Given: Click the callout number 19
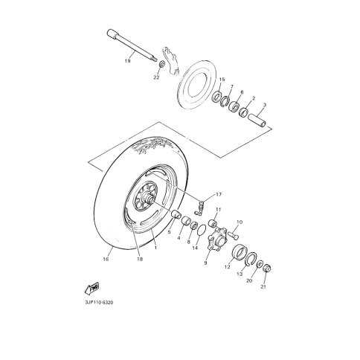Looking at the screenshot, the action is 127,61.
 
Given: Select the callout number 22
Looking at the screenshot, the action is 156,77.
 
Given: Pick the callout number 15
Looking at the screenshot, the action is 222,80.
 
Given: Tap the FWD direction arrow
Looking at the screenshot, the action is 92,288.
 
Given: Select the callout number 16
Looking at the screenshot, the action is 106,260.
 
